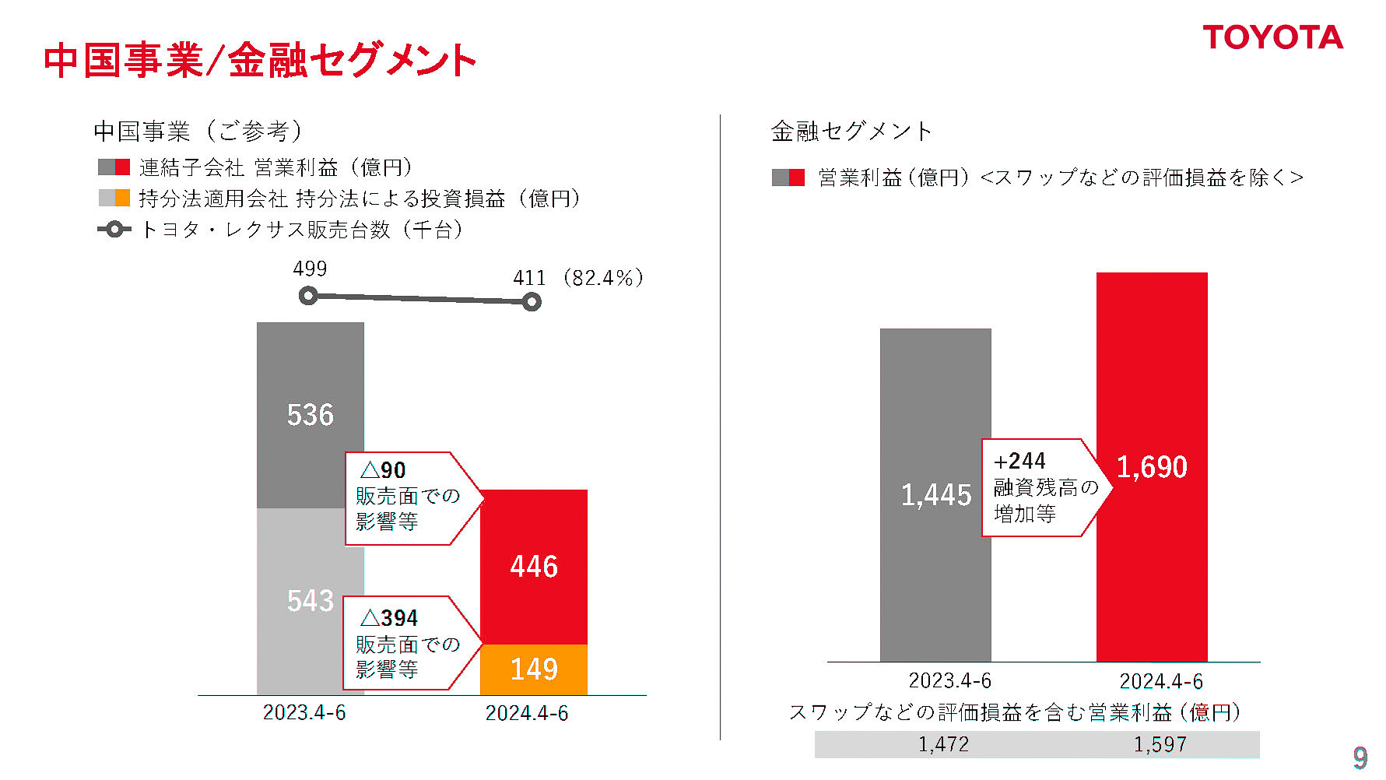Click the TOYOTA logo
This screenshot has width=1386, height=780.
point(1272,37)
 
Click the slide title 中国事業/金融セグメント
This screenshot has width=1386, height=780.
point(259,61)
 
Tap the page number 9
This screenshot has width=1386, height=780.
point(1360,757)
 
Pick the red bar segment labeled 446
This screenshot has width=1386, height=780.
point(534,567)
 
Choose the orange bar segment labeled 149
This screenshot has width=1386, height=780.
point(534,669)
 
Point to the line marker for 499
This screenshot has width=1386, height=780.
point(308,296)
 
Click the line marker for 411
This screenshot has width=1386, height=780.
point(532,302)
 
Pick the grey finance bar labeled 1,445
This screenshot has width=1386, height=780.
point(935,495)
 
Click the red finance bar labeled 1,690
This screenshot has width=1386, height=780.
point(1152,467)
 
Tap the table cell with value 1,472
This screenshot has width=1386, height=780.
point(943,744)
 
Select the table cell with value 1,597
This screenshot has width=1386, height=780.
point(1160,744)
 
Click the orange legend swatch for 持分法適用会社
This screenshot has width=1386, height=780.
point(122,198)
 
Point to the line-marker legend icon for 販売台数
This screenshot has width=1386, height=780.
point(114,230)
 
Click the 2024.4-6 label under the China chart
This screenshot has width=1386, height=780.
point(527,713)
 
